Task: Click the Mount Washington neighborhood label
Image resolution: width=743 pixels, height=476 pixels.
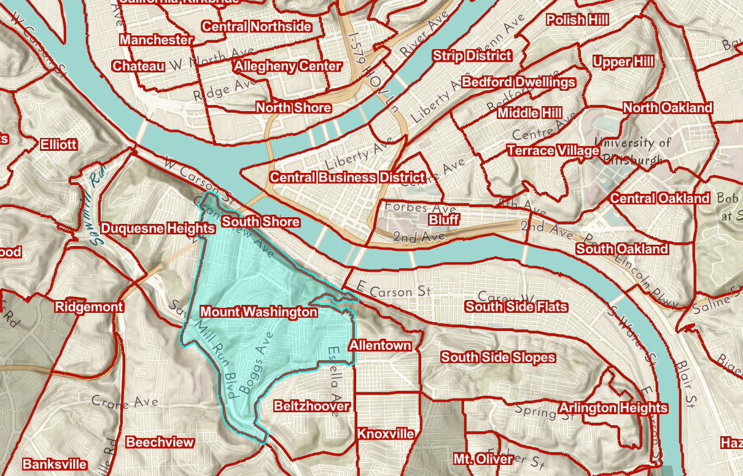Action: [259, 312]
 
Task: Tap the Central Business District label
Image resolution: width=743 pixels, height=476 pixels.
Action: [347, 177]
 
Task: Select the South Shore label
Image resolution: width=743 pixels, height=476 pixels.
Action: [261, 221]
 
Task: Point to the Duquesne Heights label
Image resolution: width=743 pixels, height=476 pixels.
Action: [158, 228]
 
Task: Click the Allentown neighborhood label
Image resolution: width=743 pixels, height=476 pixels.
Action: [380, 345]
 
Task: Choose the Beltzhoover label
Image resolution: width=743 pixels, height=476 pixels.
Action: [312, 405]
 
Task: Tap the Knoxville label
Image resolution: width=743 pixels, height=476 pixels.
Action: [386, 434]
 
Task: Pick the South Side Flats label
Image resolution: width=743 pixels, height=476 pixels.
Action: [516, 306]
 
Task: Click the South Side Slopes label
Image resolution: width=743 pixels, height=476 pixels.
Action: [498, 356]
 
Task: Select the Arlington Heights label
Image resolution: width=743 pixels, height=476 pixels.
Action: [613, 407]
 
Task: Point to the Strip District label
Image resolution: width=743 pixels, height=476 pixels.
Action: [472, 55]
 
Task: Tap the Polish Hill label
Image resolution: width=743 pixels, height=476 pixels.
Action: [577, 20]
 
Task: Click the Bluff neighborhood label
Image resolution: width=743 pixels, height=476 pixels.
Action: [443, 219]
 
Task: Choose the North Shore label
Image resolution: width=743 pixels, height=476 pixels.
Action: [294, 107]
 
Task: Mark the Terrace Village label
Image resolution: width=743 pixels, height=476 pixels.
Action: [553, 150]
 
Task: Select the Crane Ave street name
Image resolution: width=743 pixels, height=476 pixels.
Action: [124, 402]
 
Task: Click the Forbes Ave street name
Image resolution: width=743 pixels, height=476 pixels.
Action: [412, 208]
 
